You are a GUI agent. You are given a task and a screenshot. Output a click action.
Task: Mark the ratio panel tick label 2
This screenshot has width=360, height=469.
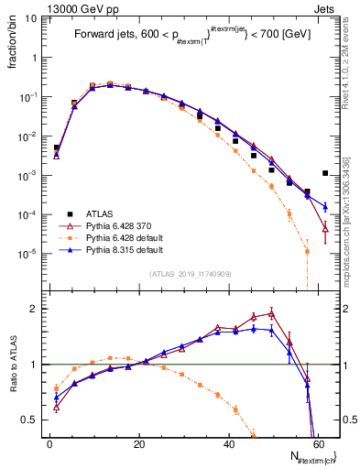33,309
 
